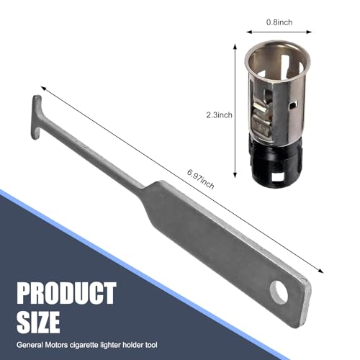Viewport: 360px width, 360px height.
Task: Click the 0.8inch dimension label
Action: (279, 22)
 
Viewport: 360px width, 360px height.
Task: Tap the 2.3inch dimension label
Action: (220, 114)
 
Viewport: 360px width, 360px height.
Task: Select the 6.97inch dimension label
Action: (201, 179)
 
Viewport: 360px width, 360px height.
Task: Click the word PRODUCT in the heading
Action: (66, 293)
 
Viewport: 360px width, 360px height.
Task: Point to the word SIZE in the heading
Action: (38, 322)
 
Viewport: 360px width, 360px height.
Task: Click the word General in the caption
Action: (30, 345)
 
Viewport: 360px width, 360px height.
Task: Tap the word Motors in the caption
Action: (56, 345)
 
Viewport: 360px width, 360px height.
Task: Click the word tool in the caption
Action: (151, 345)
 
